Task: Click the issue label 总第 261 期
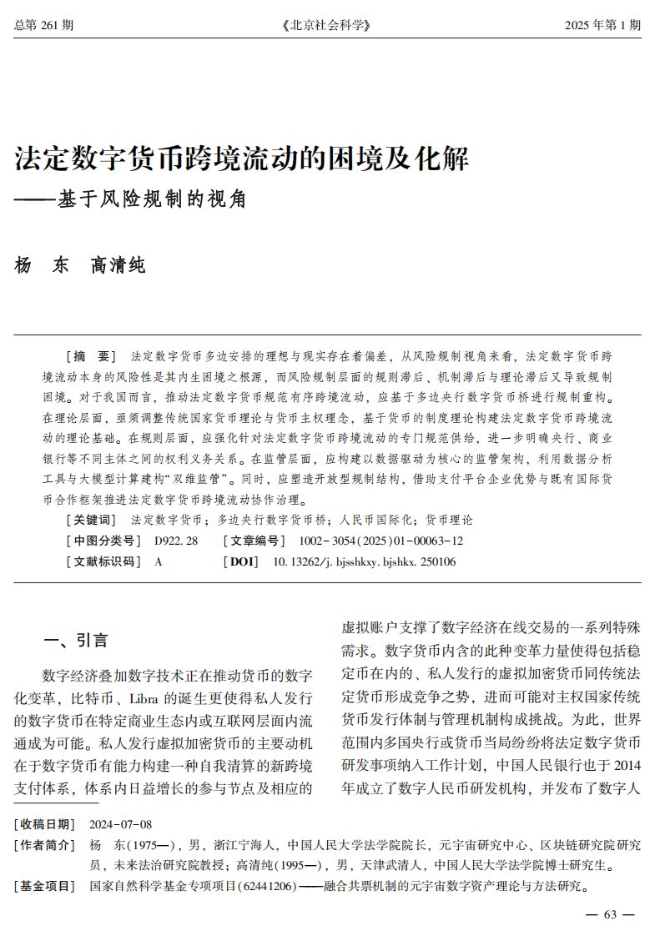43,26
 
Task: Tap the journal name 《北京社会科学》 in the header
326,26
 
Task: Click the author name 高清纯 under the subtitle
118,266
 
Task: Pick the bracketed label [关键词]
92,520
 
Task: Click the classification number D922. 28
176,541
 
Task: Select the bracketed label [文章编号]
252,541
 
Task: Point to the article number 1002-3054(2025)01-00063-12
375,541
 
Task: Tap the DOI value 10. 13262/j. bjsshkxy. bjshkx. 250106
365,561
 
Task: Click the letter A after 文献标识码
159,561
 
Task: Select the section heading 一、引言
76,641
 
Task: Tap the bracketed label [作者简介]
44,845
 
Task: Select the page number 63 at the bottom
609,914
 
